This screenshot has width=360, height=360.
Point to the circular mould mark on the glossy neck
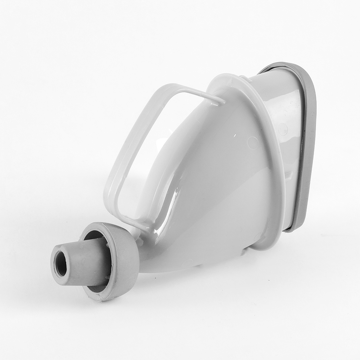pyautogui.click(x=283, y=129)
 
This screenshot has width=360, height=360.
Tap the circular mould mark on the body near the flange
pyautogui.click(x=253, y=143)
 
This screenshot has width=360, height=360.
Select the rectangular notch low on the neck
pyautogui.click(x=289, y=176)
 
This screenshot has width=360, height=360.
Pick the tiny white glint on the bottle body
pyautogui.click(x=234, y=136)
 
